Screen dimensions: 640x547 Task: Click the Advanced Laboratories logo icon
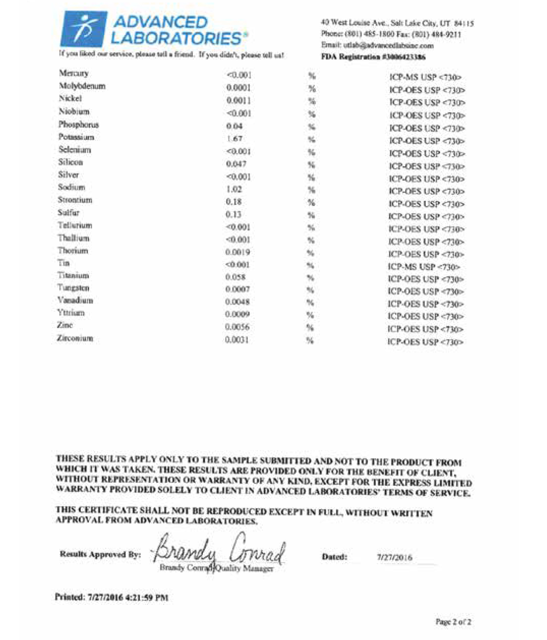(x=83, y=29)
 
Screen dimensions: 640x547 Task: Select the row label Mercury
(x=74, y=73)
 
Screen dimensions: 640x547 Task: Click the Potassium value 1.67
(x=234, y=139)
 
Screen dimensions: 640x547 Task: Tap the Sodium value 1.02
(x=234, y=189)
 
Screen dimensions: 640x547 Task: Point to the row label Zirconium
(x=75, y=338)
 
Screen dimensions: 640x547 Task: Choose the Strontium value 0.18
(x=234, y=202)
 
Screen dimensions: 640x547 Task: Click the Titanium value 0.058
(x=235, y=277)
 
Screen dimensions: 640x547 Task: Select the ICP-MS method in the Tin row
(x=424, y=267)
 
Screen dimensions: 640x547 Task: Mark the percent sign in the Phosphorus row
(x=311, y=127)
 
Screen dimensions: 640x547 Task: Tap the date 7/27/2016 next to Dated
(x=394, y=557)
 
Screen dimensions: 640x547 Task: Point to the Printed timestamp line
(x=112, y=597)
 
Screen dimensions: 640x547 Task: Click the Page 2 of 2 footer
(x=453, y=622)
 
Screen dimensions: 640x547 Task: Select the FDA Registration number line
(x=373, y=57)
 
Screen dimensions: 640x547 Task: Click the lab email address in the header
(x=377, y=46)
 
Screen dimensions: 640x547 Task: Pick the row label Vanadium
(x=75, y=300)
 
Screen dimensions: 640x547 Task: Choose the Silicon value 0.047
(x=236, y=164)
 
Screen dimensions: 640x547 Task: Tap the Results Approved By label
(x=100, y=554)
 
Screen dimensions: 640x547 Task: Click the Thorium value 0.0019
(x=237, y=252)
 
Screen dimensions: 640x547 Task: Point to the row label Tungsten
(x=73, y=288)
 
